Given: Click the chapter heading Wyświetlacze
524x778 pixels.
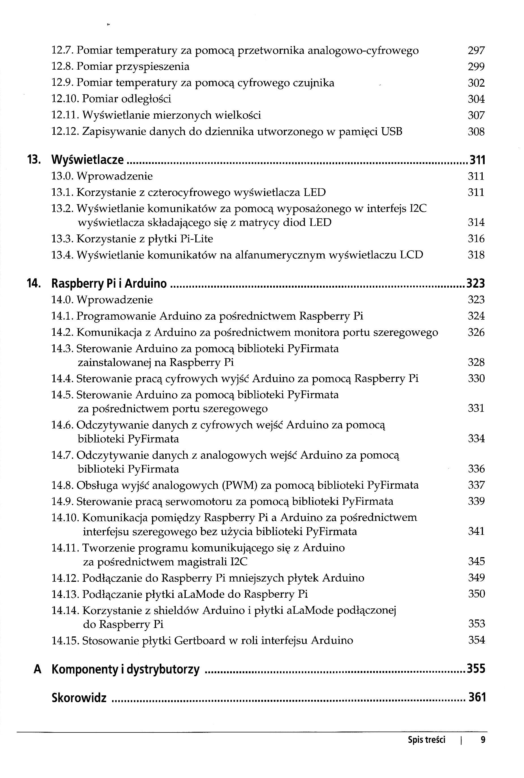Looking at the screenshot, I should click(x=87, y=160).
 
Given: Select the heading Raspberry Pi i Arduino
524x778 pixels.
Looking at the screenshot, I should click(x=109, y=283).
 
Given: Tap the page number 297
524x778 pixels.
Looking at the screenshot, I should click(x=476, y=50).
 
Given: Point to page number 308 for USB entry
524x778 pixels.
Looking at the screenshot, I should click(x=476, y=132).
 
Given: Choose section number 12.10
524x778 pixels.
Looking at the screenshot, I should click(x=65, y=99).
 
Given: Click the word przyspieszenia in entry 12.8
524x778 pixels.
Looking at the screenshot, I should click(x=152, y=67).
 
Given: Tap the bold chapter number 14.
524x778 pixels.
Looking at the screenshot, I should click(x=34, y=283).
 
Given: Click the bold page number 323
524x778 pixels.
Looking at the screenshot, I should click(x=476, y=283).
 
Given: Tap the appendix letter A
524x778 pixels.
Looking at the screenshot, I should click(x=37, y=669).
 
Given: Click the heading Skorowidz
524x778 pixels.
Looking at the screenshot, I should click(x=79, y=698).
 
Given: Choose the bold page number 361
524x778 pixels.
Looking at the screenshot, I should click(x=477, y=698).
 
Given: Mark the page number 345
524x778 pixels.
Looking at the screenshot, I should click(x=476, y=561).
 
